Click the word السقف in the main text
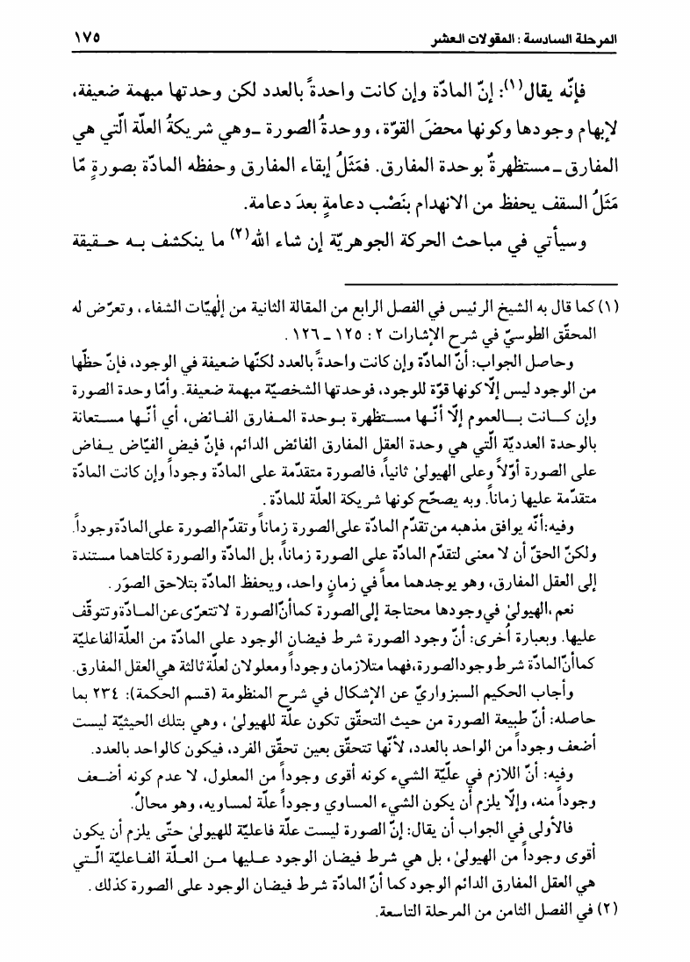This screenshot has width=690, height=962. pyautogui.click(x=564, y=205)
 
